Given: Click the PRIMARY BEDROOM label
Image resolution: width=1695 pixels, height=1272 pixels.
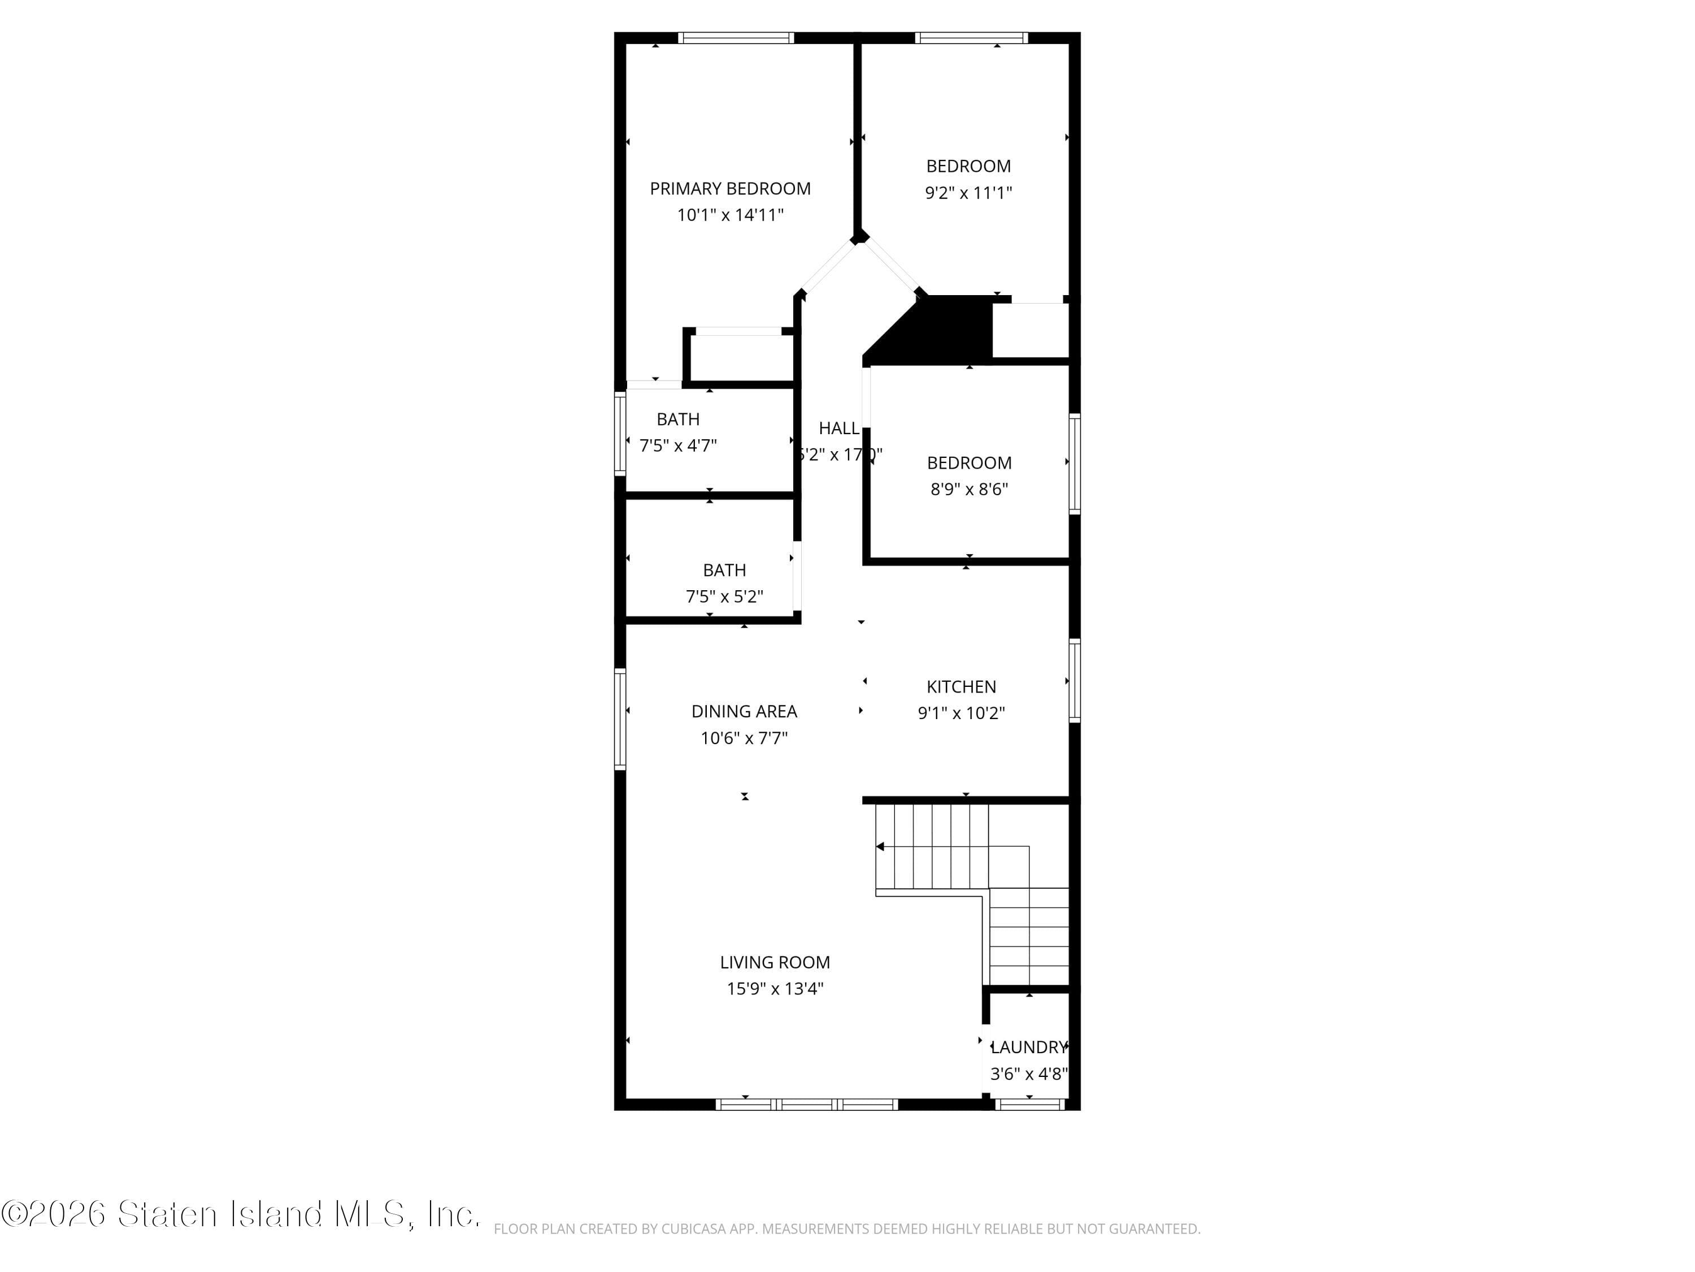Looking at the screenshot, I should (729, 189).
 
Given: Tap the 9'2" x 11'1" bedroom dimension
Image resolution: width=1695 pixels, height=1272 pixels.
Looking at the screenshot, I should (968, 192).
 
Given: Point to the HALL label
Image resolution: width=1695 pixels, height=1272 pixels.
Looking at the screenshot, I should (838, 429).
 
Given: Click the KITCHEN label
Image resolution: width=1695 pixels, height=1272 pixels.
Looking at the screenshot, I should (961, 687).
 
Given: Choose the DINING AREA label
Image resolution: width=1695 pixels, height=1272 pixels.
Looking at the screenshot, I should (744, 712).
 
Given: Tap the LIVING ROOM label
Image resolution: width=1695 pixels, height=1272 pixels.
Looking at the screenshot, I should (775, 962).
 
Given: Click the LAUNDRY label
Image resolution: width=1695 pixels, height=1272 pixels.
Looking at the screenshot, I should (1028, 1048).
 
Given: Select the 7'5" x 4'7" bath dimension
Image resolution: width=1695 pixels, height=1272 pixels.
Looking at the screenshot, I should (678, 445).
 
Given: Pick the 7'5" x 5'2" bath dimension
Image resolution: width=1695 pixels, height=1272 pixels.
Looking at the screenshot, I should (724, 596).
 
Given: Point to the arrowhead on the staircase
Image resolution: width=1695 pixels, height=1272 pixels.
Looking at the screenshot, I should (880, 846).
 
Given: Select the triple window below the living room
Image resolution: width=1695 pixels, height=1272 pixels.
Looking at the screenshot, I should (806, 1104).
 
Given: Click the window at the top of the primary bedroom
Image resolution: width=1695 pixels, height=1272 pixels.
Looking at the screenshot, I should (736, 37).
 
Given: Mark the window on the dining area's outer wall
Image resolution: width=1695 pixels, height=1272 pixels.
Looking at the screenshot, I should (620, 719).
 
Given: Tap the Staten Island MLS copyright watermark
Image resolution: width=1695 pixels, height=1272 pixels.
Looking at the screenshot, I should (241, 1214).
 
